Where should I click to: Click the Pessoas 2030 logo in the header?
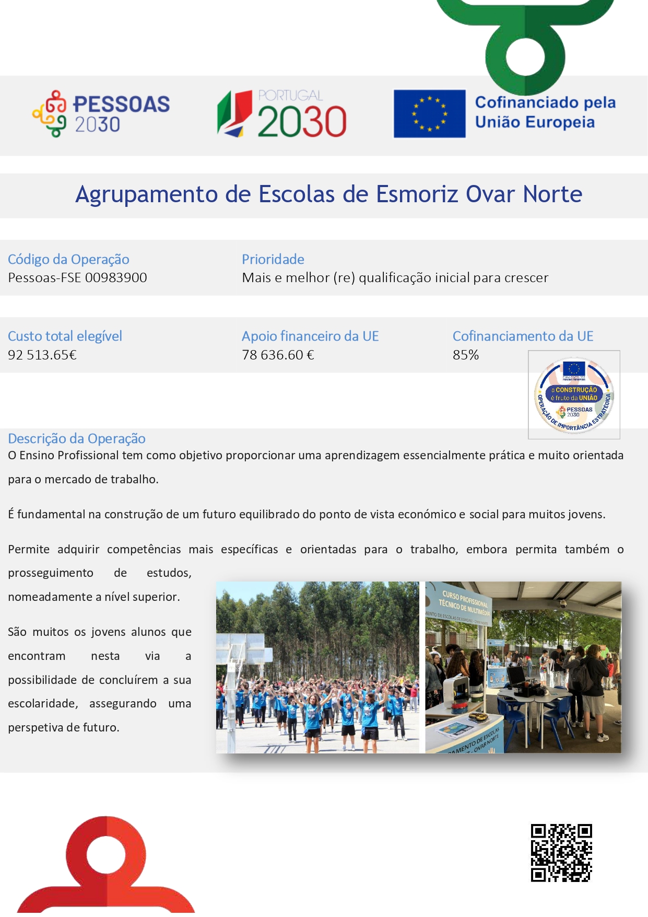click(x=101, y=114)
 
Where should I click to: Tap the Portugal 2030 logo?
click(x=282, y=114)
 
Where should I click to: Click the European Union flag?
click(x=429, y=114)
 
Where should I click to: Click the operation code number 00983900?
click(x=116, y=277)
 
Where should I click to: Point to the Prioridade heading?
click(x=273, y=259)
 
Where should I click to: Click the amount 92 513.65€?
click(x=42, y=355)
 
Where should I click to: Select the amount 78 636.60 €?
click(x=278, y=355)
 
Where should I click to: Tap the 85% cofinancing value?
click(x=465, y=355)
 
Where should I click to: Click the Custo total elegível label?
click(x=65, y=336)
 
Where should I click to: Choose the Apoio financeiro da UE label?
click(x=310, y=336)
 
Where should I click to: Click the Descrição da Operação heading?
click(x=77, y=438)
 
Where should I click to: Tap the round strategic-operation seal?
click(x=574, y=395)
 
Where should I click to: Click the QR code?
click(x=561, y=853)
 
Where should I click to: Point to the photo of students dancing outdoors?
click(x=317, y=667)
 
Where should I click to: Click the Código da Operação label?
click(x=68, y=259)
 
